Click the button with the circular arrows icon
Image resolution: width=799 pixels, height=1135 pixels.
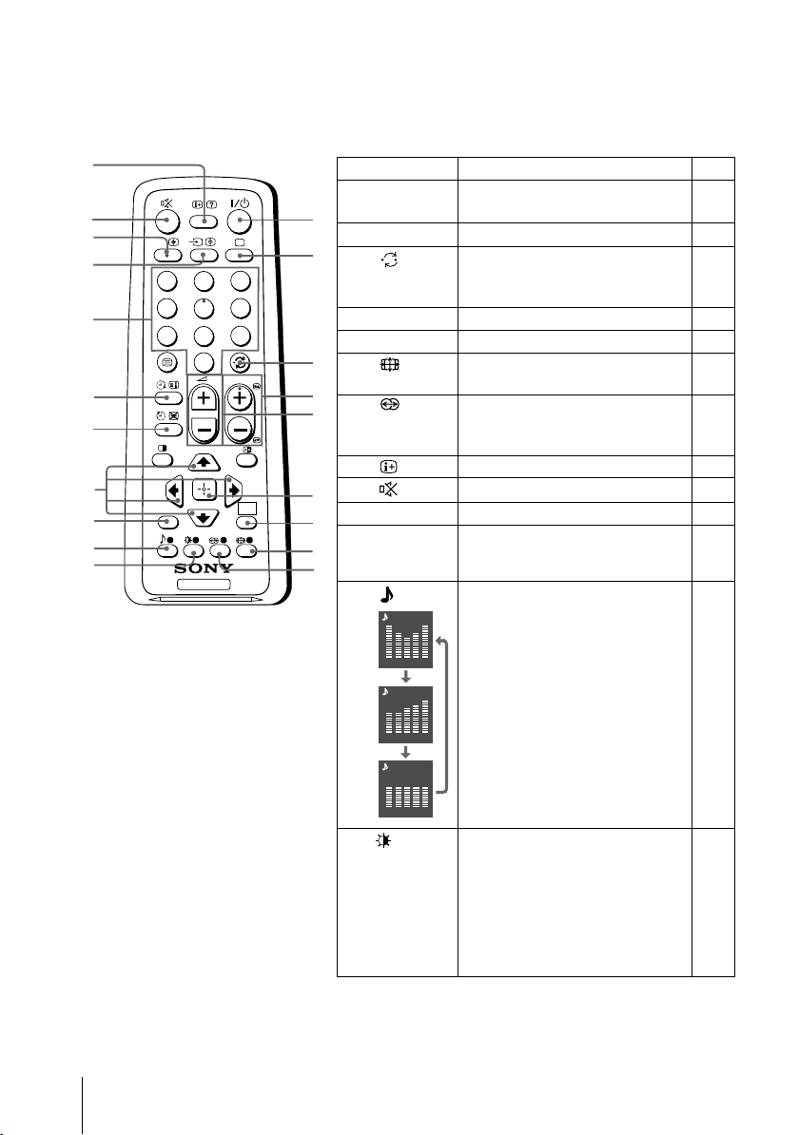coord(244,363)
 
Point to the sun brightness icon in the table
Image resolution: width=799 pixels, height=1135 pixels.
coord(395,839)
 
